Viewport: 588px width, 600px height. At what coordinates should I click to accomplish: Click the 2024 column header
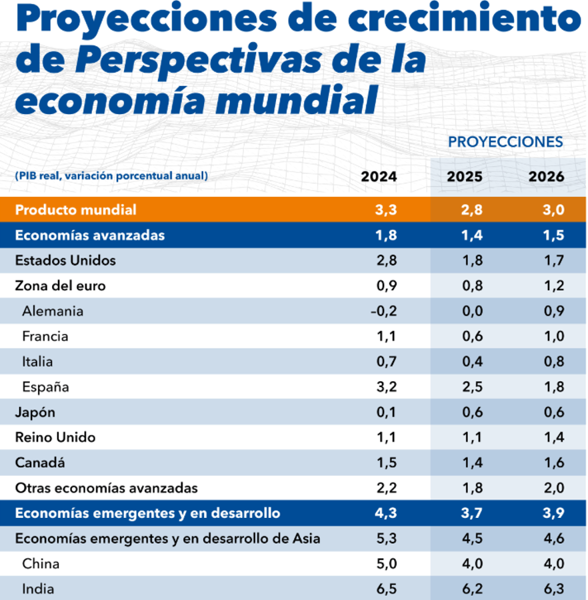(x=379, y=177)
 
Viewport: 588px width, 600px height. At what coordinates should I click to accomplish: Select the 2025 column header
(x=464, y=177)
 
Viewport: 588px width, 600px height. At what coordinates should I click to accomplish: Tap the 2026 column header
(x=546, y=177)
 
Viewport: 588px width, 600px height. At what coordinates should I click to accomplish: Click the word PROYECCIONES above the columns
(x=505, y=141)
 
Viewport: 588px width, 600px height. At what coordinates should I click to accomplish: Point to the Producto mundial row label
(x=75, y=210)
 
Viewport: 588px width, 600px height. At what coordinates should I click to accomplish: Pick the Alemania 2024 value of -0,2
(x=383, y=311)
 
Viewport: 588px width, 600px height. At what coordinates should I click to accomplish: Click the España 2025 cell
(x=472, y=387)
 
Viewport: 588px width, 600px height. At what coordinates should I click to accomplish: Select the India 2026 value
(x=554, y=589)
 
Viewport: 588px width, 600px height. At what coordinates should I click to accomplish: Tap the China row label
(x=41, y=564)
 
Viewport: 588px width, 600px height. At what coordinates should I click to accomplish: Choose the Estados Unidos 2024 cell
(x=385, y=260)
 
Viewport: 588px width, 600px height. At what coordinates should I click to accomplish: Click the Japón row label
(x=36, y=412)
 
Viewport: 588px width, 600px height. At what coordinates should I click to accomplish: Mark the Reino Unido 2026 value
(x=554, y=438)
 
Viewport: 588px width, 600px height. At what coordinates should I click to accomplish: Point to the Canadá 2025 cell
(x=472, y=463)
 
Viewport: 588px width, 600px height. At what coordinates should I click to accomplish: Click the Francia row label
(x=45, y=336)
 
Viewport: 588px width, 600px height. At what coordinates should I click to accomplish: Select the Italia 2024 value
(x=385, y=362)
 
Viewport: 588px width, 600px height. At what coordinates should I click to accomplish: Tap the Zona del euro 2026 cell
(x=554, y=286)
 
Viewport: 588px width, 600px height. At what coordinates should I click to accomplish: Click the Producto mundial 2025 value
(x=472, y=210)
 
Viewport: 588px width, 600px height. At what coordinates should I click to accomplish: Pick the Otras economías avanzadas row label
(x=106, y=488)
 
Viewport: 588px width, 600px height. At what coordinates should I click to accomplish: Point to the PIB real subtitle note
(x=111, y=176)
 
